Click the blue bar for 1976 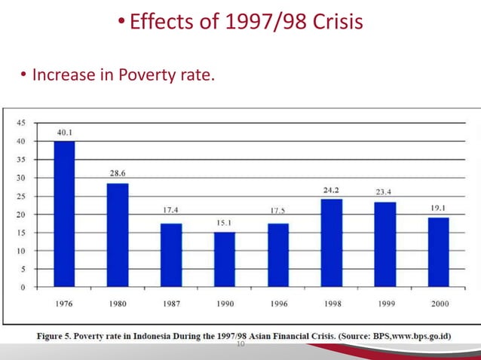click(64, 214)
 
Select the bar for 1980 click(118, 235)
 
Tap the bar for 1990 click(225, 259)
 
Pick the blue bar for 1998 click(331, 243)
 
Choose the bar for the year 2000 click(438, 252)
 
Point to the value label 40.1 click(65, 133)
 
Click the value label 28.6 click(118, 174)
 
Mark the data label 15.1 click(225, 223)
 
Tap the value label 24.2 click(331, 190)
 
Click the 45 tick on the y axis click(22, 123)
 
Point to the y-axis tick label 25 click(22, 196)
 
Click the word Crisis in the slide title click(329, 22)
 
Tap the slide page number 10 click(241, 343)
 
